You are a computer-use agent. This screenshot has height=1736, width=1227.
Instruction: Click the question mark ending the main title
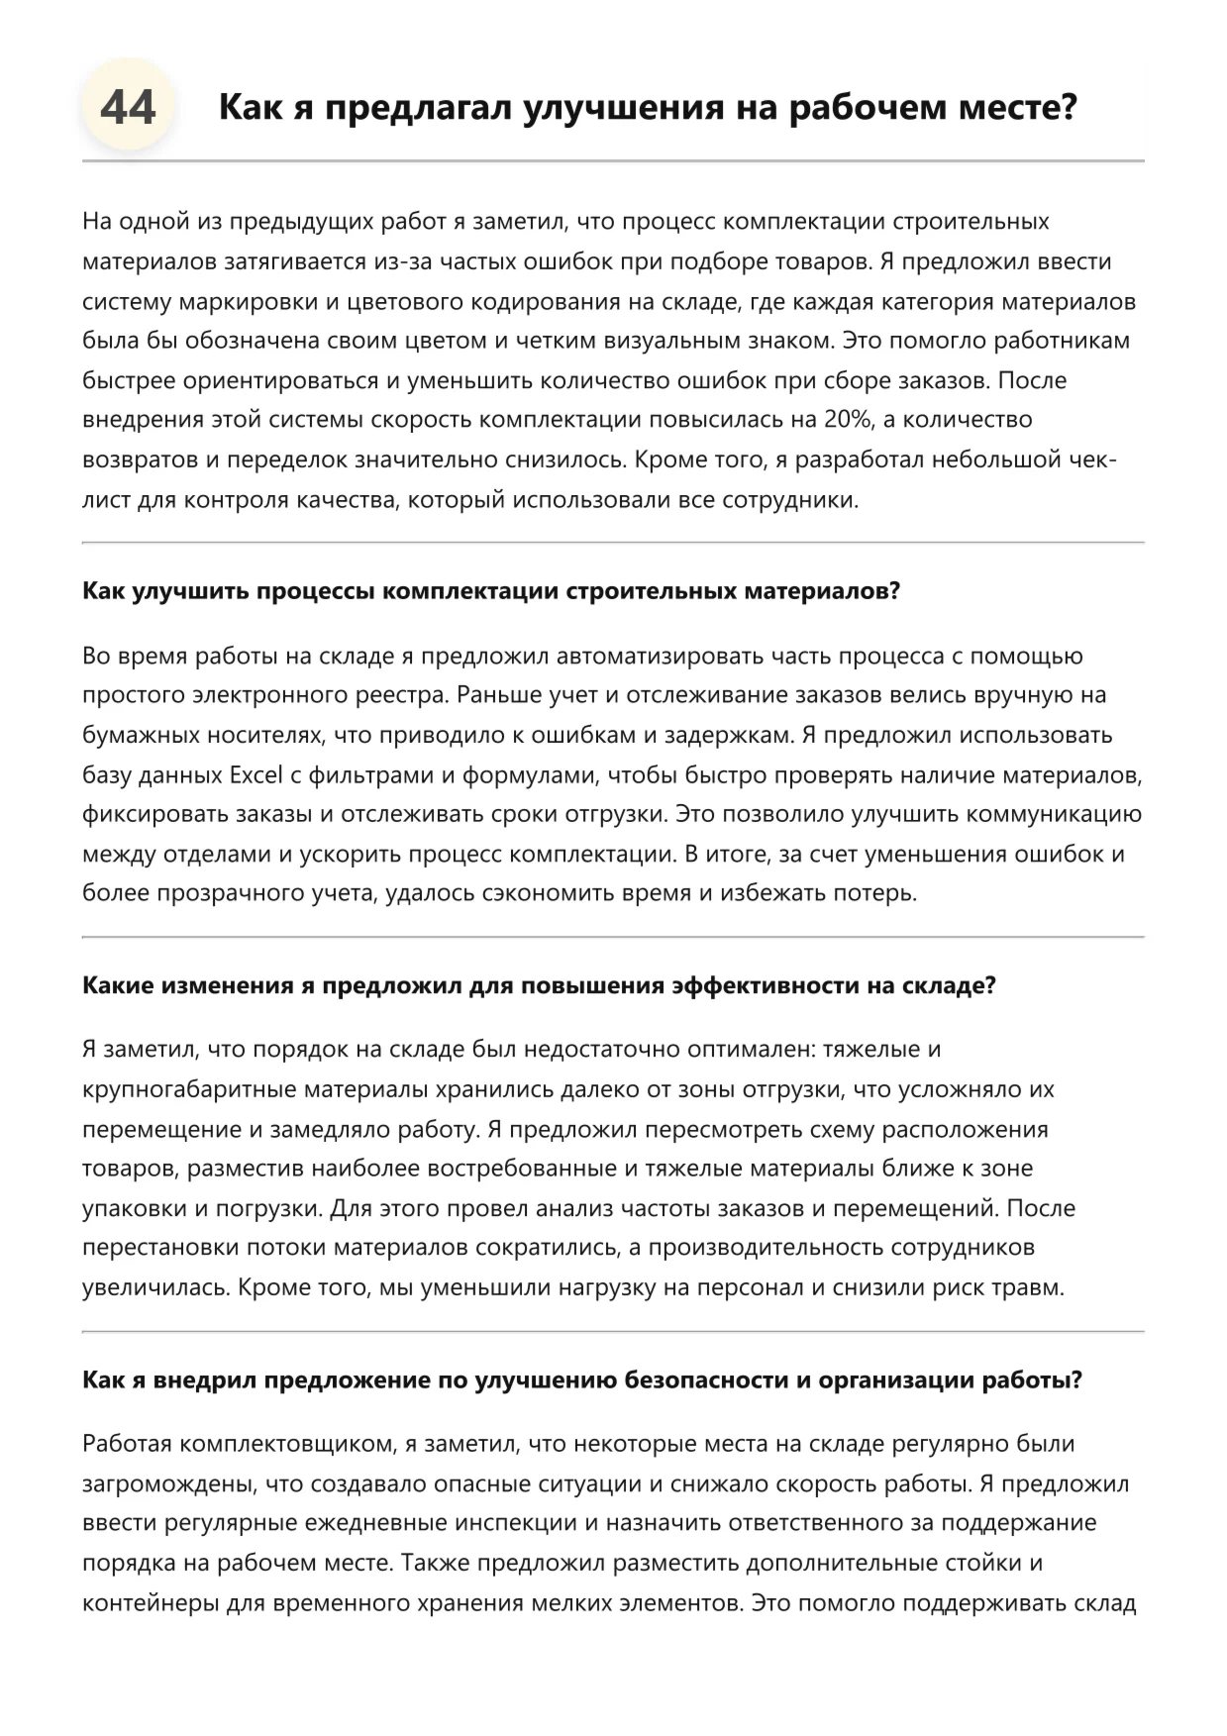1068,107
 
